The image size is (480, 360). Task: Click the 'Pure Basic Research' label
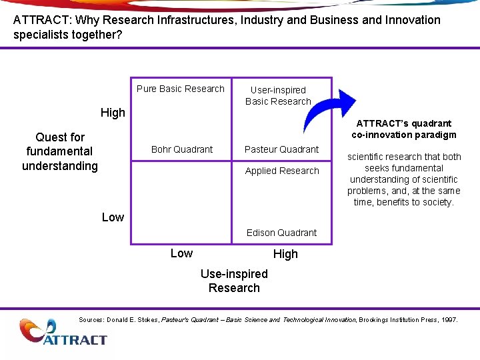(x=181, y=89)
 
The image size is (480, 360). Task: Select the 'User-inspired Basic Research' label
(x=278, y=95)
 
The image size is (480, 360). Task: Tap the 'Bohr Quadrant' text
(x=182, y=149)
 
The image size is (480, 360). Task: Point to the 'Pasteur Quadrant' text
(x=281, y=149)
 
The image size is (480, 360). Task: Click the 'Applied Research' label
(x=282, y=171)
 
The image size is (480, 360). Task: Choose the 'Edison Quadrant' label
(x=281, y=233)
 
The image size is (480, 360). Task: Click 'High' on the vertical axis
(x=113, y=113)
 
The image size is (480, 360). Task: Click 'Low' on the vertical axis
(x=113, y=217)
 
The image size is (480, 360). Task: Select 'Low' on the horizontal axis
(x=181, y=253)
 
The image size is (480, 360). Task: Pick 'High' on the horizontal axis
(x=285, y=254)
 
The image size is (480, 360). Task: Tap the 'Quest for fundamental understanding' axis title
(x=60, y=151)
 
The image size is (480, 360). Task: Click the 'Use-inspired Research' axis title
(x=234, y=281)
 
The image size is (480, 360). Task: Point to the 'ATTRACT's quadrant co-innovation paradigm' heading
(x=404, y=129)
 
